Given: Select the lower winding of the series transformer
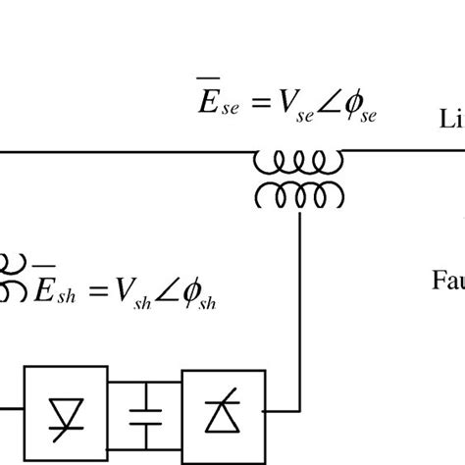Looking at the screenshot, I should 298,194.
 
